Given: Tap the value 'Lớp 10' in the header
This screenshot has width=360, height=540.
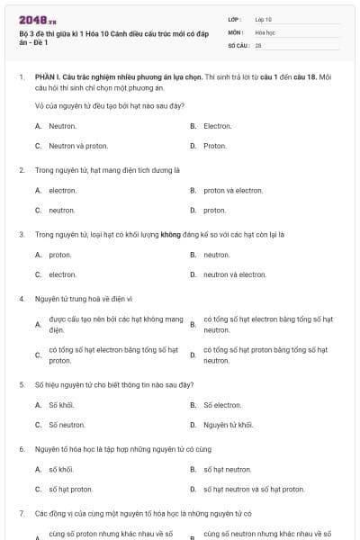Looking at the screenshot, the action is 264,19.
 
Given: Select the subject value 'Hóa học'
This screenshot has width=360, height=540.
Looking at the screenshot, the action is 265,31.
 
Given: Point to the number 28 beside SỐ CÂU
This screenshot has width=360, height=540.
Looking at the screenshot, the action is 258,44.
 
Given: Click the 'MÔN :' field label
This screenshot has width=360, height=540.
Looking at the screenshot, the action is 236,31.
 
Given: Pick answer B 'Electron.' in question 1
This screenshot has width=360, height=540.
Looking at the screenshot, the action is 218,126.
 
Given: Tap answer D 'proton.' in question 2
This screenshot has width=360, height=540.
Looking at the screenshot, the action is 214,211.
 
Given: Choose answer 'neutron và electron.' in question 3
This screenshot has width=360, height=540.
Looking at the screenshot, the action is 235,274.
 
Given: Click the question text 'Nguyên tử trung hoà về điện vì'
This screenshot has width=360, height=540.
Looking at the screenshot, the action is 84,298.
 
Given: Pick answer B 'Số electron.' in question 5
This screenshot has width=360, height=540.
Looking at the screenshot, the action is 222,405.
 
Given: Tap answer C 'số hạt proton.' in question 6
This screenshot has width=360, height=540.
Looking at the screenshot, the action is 70,490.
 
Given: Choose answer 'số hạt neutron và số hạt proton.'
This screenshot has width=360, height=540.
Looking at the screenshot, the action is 254,490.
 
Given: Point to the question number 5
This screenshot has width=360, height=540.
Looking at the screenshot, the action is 21,384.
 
